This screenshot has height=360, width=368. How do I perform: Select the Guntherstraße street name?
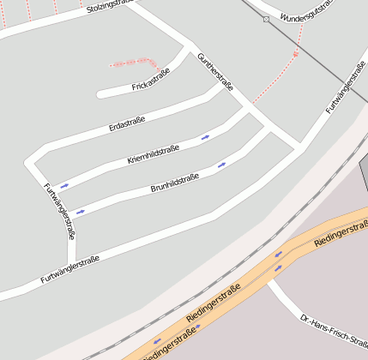pyautogui.click(x=215, y=71)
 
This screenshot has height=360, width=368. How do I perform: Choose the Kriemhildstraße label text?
pyautogui.click(x=153, y=154)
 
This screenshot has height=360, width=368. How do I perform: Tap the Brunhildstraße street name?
pyautogui.click(x=175, y=183)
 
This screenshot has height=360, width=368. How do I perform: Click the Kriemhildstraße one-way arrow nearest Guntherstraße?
pyautogui.click(x=206, y=136)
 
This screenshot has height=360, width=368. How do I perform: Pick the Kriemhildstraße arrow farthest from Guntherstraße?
pyautogui.click(x=64, y=185)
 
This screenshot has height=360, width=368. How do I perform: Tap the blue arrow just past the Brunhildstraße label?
pyautogui.click(x=222, y=164)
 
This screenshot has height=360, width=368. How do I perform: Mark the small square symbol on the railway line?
pyautogui.click(x=267, y=19)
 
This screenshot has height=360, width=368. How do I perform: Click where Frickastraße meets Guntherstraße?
pyautogui.click(x=189, y=48)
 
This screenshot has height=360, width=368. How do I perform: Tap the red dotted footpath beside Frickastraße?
pyautogui.click(x=133, y=62)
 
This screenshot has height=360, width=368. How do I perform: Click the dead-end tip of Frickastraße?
pyautogui.click(x=100, y=93)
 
